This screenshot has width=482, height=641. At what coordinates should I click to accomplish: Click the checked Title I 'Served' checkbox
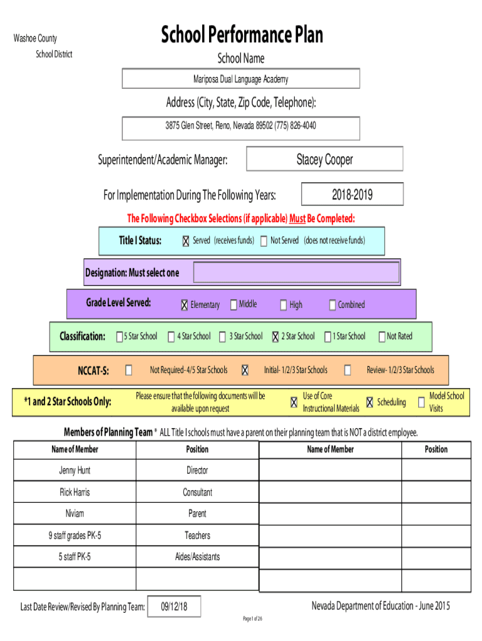point(186,241)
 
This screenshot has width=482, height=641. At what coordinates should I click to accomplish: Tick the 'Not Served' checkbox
point(264,241)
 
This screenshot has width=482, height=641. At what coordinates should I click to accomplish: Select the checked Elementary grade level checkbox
point(185,305)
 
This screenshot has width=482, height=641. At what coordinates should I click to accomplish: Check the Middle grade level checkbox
point(233,305)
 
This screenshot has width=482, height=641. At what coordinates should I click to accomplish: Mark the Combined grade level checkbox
point(332,305)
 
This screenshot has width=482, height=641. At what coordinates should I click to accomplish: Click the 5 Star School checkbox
point(120,336)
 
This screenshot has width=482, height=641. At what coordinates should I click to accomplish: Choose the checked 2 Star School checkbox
point(275,336)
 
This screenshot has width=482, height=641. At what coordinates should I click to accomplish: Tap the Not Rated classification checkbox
point(382,336)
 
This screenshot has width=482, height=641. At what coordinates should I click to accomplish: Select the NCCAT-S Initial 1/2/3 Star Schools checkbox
point(245,370)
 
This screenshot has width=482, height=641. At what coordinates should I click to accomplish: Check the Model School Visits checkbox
point(421,403)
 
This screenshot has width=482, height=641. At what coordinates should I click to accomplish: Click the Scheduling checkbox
point(369,403)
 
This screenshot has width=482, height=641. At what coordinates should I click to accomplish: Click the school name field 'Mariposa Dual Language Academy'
point(241,78)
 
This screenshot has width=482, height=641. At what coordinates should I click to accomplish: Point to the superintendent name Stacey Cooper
point(325,159)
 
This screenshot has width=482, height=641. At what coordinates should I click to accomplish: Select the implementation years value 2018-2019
point(352,194)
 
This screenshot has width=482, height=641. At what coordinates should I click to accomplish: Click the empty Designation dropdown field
point(296,272)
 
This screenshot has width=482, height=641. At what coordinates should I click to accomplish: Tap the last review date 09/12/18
point(174,606)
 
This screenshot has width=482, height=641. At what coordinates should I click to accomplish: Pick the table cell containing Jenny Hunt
point(75,470)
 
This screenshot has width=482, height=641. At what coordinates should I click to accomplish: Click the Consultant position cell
point(197,492)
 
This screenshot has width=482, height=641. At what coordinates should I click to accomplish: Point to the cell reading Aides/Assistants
point(197,556)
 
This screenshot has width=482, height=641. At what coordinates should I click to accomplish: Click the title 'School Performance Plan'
point(242,34)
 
